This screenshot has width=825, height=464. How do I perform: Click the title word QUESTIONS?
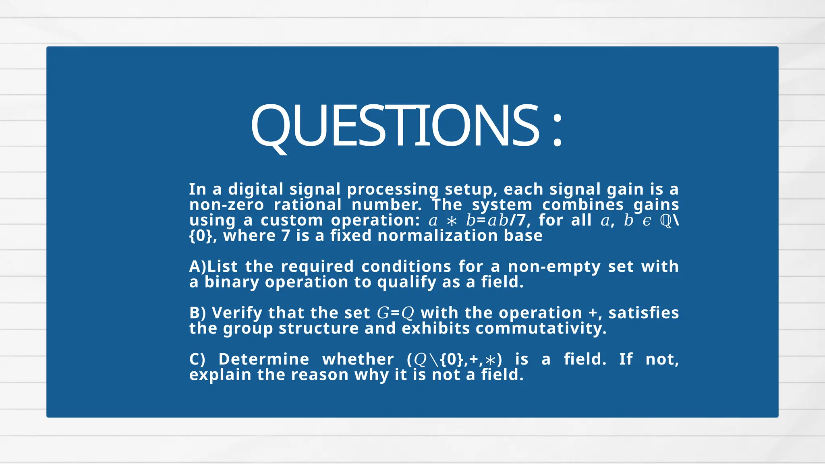click(395, 126)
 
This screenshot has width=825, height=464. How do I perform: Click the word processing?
click(392, 190)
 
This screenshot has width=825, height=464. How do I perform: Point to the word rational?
click(308, 205)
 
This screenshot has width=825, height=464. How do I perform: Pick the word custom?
click(292, 220)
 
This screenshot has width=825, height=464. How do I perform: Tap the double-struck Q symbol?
click(666, 221)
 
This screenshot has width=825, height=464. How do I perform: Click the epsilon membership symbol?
click(647, 221)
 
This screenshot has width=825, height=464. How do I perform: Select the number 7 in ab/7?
click(521, 220)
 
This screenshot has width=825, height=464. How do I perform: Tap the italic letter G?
click(383, 313)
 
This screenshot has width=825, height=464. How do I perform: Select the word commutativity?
click(541, 328)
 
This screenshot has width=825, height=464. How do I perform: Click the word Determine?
click(264, 359)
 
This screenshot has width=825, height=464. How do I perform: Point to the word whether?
click(358, 359)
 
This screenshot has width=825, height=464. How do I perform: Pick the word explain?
click(220, 375)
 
